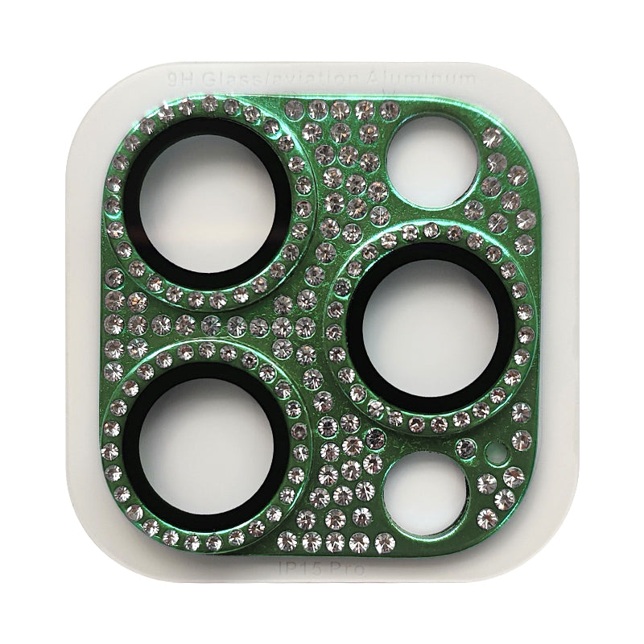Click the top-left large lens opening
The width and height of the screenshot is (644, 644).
coord(207,204)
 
